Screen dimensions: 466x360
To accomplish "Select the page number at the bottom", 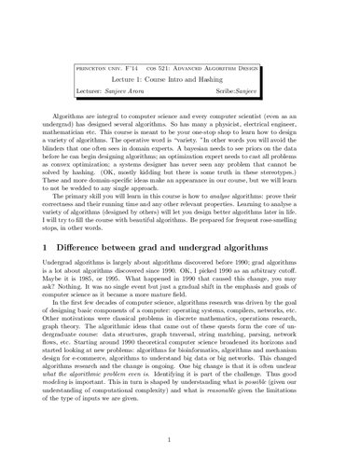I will tap(180, 432).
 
